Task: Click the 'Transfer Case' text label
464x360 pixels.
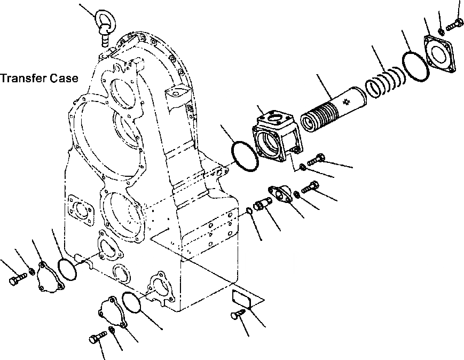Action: click(x=40, y=79)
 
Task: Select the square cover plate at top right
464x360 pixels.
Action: click(x=439, y=53)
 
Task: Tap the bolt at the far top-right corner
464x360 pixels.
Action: click(x=455, y=24)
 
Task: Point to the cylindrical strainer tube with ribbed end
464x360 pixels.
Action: click(x=332, y=109)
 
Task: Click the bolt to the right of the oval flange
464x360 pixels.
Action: click(x=310, y=187)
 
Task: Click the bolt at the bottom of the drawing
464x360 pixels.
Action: click(x=97, y=339)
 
